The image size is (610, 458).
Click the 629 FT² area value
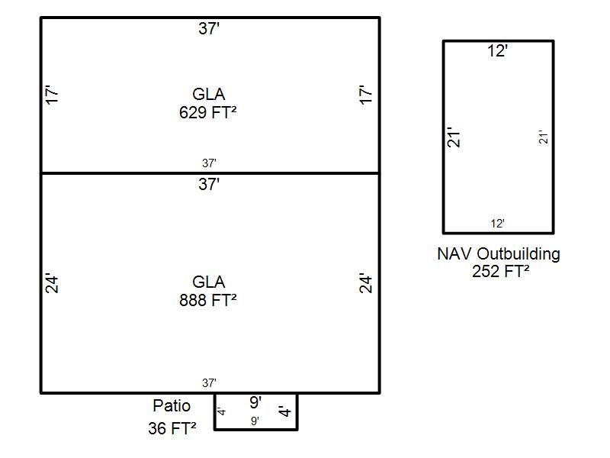tap(208, 112)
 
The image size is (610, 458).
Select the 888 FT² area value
tap(208, 300)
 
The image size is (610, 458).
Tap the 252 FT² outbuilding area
tap(500, 271)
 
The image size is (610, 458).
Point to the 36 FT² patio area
tap(172, 429)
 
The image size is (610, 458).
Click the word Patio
tap(172, 405)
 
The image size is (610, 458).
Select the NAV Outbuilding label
tap(499, 253)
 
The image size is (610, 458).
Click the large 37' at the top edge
tap(210, 29)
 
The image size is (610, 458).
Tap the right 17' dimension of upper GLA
tap(367, 95)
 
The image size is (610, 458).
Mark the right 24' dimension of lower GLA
tap(367, 283)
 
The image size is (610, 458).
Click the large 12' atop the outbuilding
tap(498, 51)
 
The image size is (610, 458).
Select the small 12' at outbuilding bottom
tap(498, 224)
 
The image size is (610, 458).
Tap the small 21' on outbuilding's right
tap(544, 137)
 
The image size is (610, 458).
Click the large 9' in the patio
tap(256, 402)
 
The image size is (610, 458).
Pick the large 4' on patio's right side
tap(285, 412)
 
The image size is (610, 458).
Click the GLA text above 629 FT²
tap(208, 95)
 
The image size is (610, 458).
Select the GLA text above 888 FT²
tap(208, 282)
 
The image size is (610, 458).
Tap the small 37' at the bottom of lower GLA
tap(210, 383)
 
